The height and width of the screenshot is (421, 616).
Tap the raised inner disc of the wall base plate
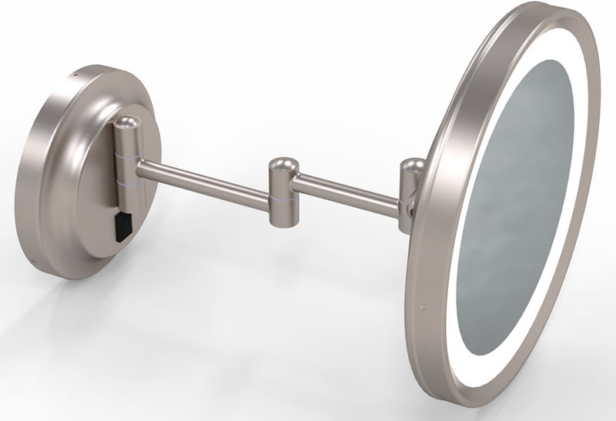click(100, 185)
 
